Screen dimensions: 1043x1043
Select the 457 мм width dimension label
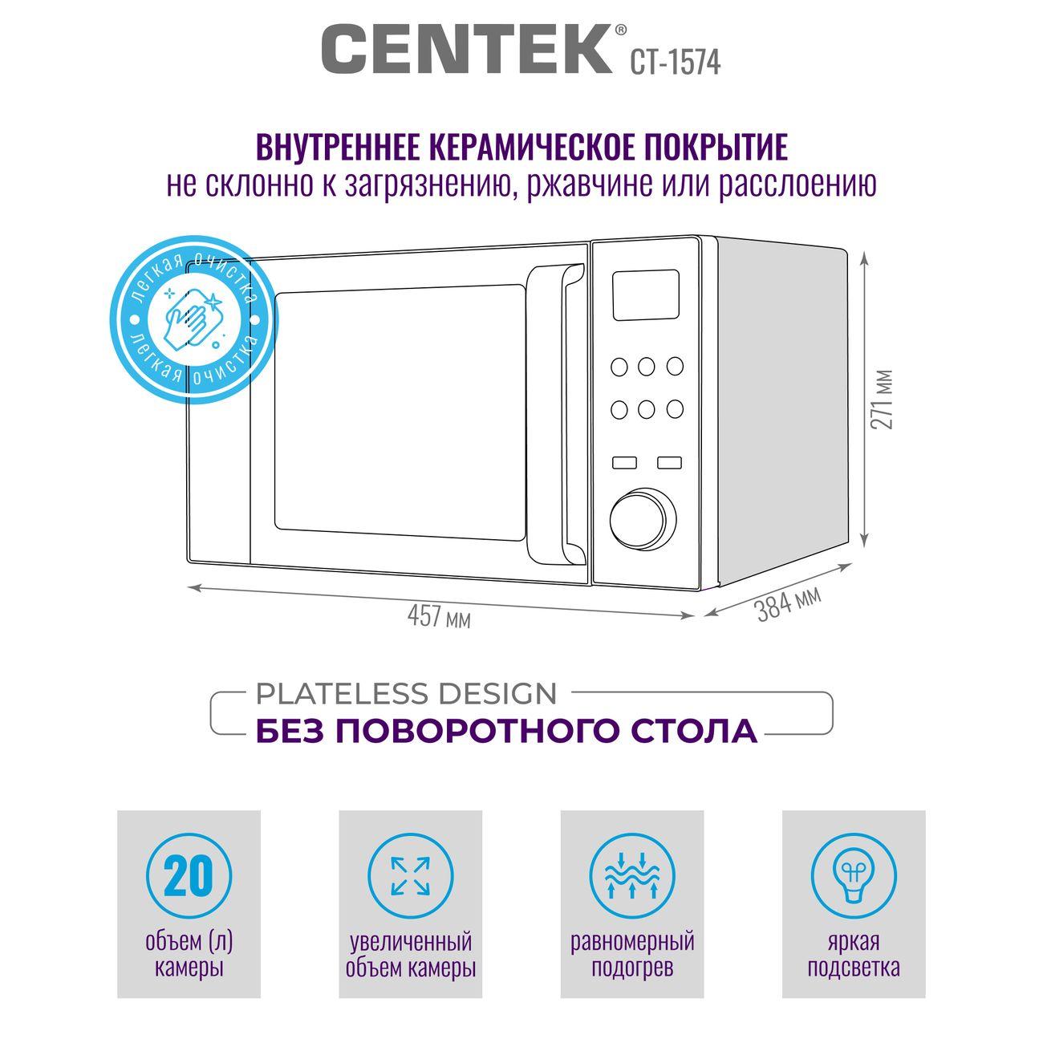[439, 616]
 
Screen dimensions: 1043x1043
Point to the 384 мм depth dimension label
[789, 603]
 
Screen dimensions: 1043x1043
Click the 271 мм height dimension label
[881, 400]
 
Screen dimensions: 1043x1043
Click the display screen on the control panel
[646, 294]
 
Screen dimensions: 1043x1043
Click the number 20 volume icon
[189, 876]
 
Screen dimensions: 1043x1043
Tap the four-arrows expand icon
[410, 876]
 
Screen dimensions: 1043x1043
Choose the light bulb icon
[854, 876]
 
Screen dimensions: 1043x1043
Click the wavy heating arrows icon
[632, 876]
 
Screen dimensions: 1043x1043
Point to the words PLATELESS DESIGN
[406, 694]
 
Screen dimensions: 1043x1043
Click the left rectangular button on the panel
[624, 462]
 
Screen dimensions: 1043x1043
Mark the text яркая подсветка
[854, 955]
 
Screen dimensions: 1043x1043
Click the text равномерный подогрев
[632, 955]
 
